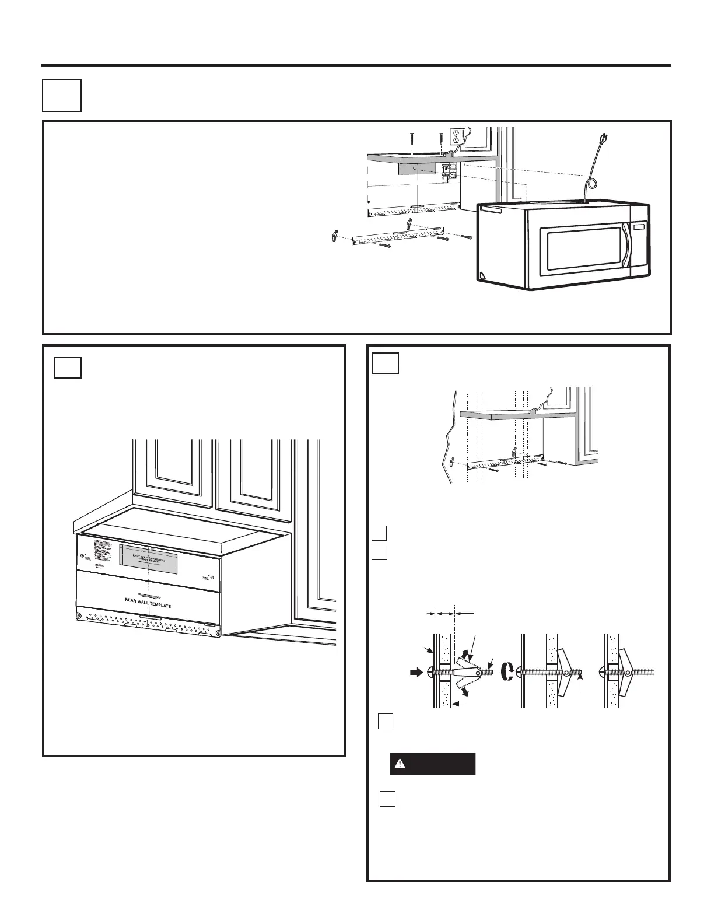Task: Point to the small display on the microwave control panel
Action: point(639,226)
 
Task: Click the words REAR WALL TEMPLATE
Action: point(148,605)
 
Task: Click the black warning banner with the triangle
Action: point(432,764)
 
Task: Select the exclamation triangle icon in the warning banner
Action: point(400,764)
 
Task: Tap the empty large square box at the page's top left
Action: point(61,95)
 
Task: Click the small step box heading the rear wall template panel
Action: point(67,367)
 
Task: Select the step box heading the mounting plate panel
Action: point(386,362)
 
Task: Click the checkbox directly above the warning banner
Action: point(385,721)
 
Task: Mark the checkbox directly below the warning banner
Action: point(387,799)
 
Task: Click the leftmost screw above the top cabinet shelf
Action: point(412,138)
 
